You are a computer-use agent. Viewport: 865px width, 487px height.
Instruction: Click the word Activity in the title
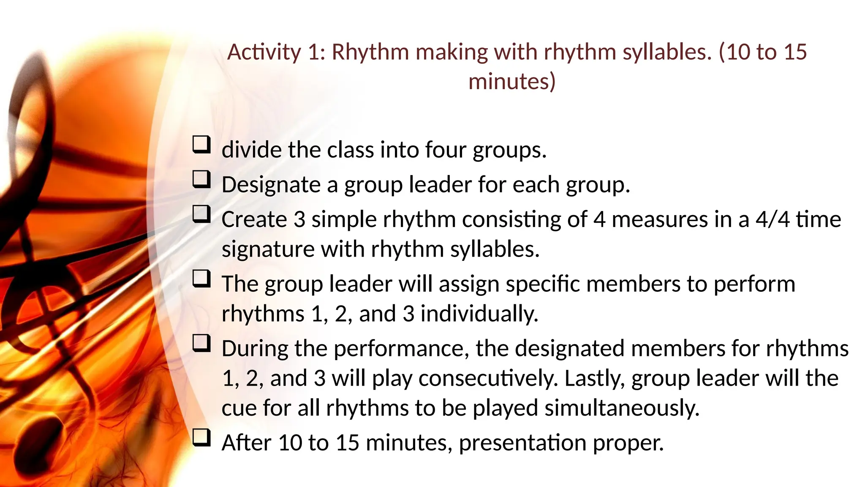(264, 52)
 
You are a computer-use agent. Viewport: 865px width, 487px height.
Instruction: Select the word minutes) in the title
(512, 81)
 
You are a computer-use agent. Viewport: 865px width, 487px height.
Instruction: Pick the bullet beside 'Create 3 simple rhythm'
(201, 214)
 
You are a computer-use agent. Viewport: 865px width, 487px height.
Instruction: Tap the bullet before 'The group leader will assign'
(201, 279)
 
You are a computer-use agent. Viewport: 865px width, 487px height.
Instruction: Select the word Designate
(271, 185)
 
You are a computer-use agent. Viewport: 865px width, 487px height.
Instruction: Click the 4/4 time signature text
(773, 219)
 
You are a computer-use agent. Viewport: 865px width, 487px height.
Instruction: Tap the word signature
(268, 249)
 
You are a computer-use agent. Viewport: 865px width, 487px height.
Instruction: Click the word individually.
(479, 314)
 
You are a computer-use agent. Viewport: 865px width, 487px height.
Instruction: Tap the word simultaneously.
(622, 408)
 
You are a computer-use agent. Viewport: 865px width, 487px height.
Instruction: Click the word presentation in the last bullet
(522, 443)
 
